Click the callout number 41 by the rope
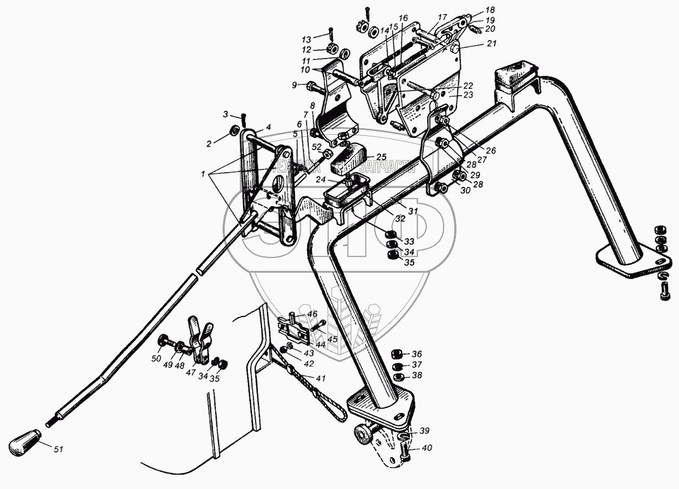tap(321, 378)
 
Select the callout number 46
tap(312, 314)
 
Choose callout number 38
tap(416, 375)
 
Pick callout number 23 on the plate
tap(468, 95)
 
